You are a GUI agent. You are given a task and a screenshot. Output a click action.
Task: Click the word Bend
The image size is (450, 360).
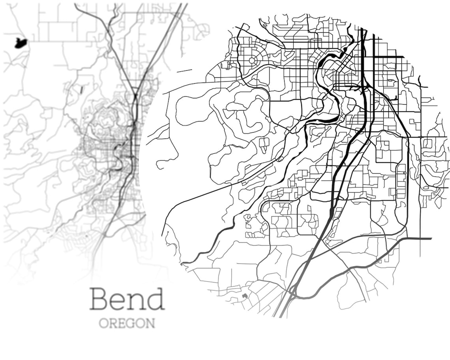click(127, 299)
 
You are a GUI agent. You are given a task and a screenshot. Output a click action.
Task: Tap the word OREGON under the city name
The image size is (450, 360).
click(127, 323)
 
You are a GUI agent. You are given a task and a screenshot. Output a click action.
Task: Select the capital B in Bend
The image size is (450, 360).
click(99, 299)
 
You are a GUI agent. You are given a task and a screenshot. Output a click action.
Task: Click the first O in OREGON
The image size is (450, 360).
click(103, 323)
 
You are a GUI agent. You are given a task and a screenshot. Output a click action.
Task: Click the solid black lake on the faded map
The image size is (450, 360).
click(21, 43)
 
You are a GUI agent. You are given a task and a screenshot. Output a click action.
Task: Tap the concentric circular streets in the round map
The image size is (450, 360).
click(252, 61)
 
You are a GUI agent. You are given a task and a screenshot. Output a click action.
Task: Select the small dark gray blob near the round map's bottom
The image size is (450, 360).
click(245, 295)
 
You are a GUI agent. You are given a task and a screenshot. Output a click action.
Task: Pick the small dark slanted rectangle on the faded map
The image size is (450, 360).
click(82, 90)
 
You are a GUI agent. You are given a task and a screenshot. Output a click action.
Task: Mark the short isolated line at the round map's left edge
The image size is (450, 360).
click(184, 71)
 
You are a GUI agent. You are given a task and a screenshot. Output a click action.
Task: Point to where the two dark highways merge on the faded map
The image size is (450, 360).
click(135, 97)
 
